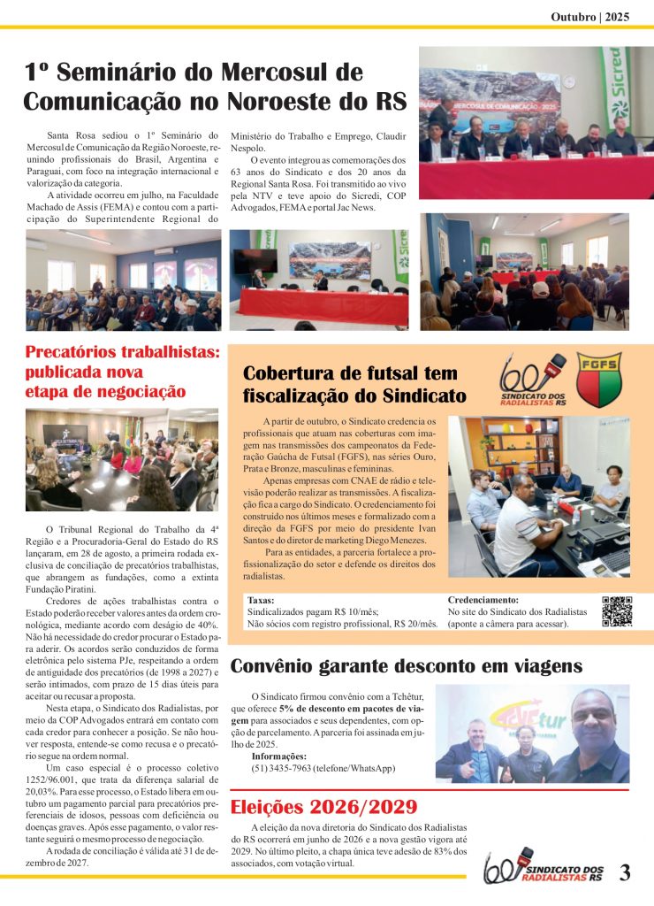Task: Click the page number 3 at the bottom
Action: point(625,872)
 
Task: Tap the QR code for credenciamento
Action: point(616,611)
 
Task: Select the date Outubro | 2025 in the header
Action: point(589,16)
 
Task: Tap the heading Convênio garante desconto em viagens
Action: point(406,666)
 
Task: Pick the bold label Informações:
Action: point(278,756)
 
